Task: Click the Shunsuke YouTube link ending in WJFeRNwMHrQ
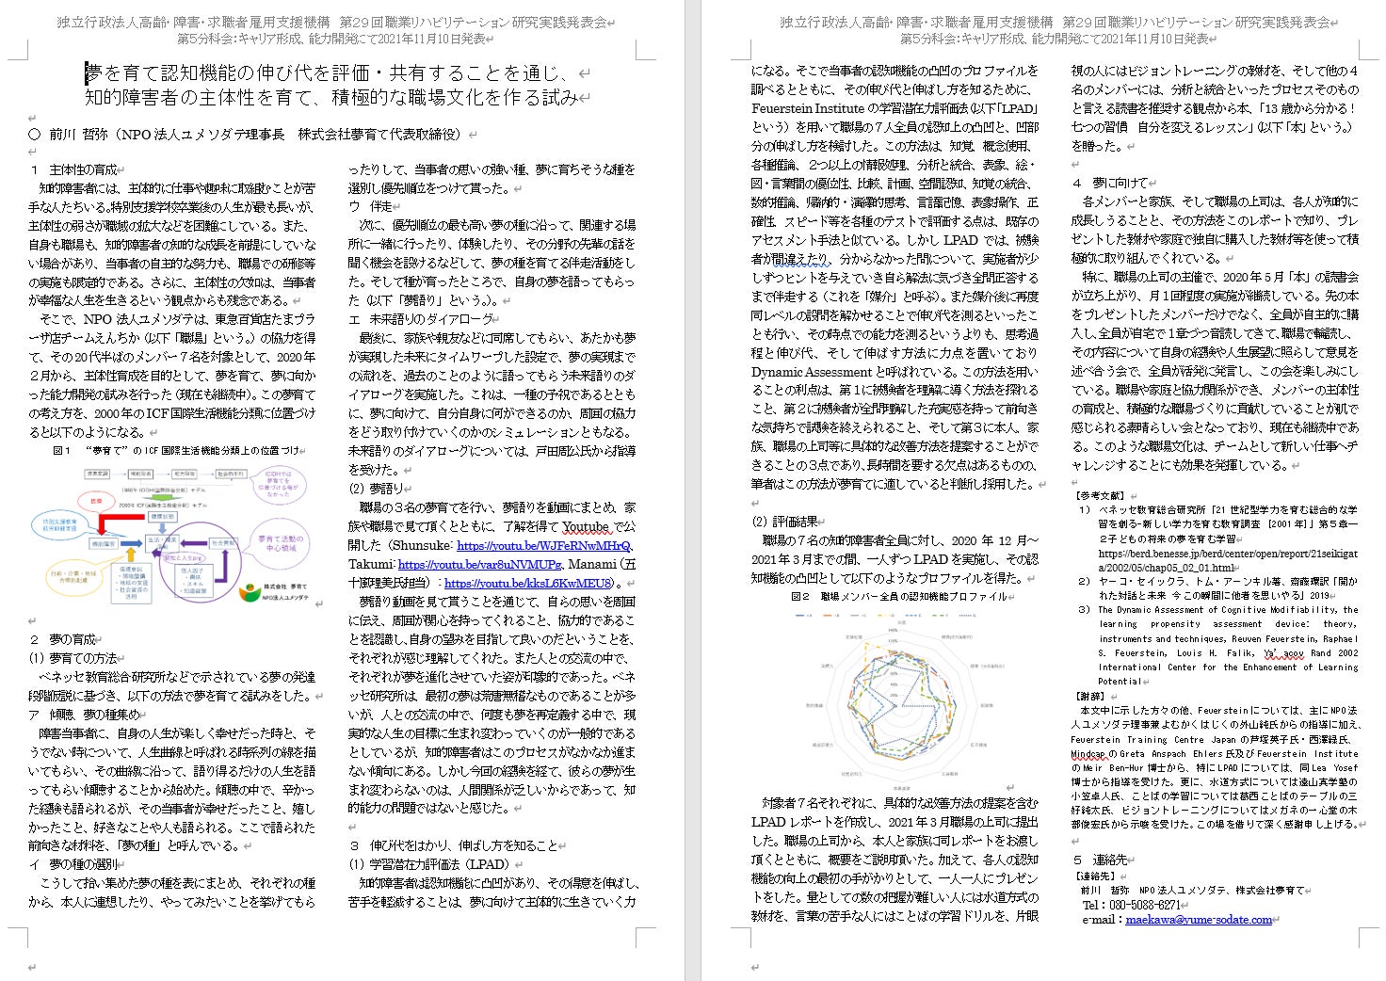[543, 546]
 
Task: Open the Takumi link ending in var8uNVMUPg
[479, 565]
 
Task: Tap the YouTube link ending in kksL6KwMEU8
[528, 584]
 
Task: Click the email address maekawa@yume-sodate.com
[1199, 920]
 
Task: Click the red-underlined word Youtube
[585, 527]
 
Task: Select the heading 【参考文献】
[1099, 495]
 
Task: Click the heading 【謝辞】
[1091, 697]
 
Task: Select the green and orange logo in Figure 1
[249, 592]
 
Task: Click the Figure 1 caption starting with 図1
[179, 451]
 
